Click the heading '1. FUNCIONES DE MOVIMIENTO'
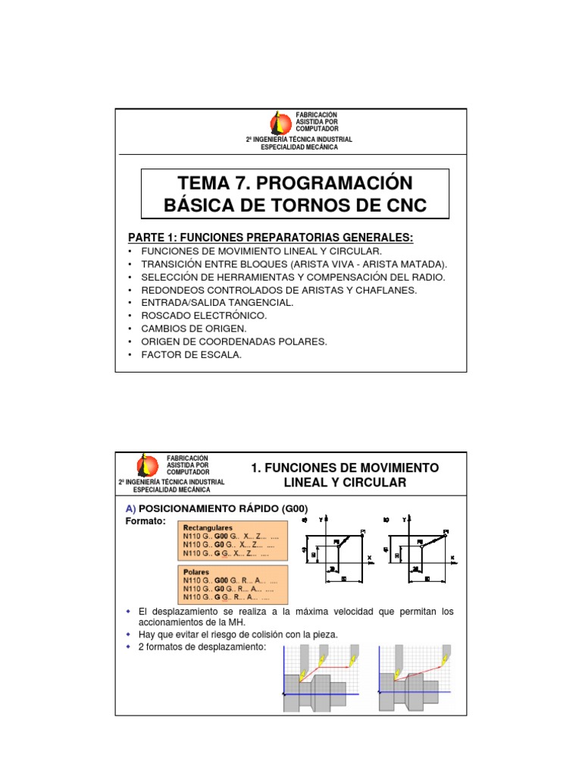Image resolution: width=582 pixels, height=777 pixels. (x=344, y=467)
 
